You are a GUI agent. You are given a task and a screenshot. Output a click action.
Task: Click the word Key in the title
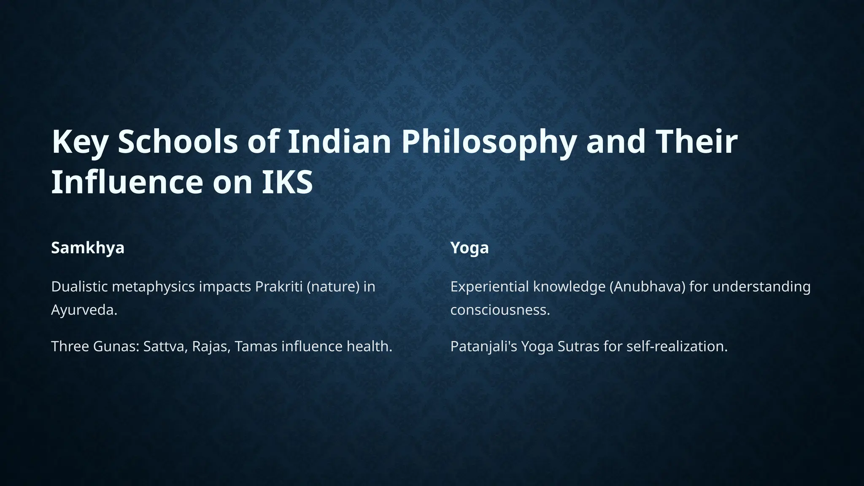click(79, 142)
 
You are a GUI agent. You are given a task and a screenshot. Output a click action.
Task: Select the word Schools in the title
click(178, 142)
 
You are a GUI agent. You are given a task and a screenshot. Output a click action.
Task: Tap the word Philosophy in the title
click(488, 142)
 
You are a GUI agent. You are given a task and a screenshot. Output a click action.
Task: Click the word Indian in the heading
click(339, 142)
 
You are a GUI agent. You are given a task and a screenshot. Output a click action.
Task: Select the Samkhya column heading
click(88, 248)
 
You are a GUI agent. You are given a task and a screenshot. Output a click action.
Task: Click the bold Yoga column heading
click(470, 248)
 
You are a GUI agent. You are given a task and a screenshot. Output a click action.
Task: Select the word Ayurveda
click(84, 310)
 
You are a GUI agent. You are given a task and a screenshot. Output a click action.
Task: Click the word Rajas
click(211, 346)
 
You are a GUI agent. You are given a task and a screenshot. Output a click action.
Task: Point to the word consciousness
click(500, 310)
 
